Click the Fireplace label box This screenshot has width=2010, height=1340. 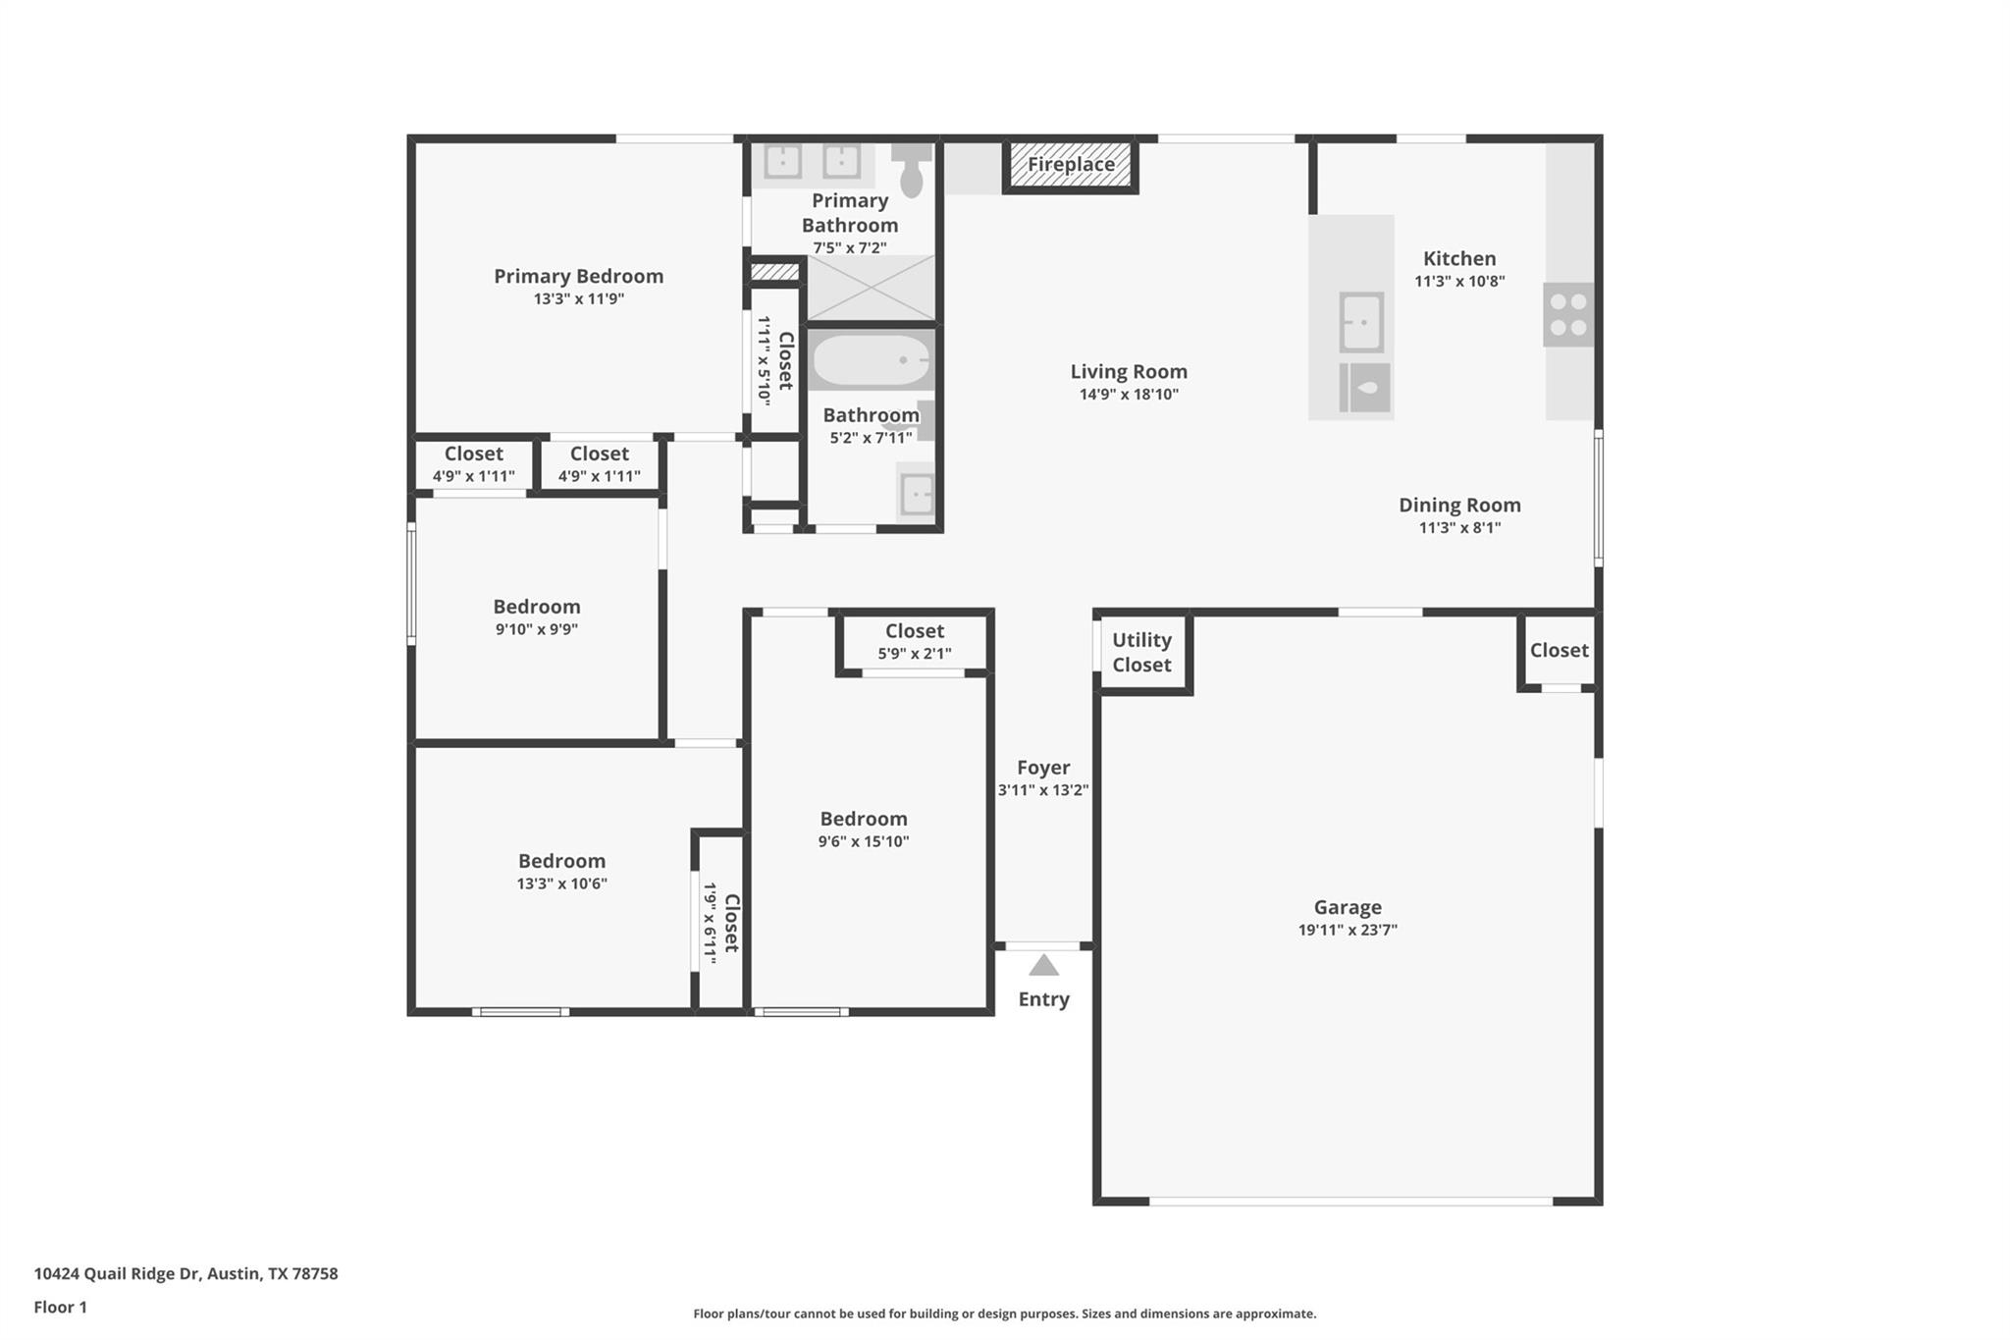[x=1070, y=165]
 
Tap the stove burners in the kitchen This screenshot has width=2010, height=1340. [x=1567, y=315]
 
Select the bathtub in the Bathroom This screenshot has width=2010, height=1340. [x=871, y=361]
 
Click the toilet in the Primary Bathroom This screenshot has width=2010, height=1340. [x=912, y=172]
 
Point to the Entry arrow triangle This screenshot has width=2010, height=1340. [x=1043, y=966]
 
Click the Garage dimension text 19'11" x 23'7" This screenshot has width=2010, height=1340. [x=1348, y=930]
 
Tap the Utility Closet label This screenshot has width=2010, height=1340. [x=1141, y=652]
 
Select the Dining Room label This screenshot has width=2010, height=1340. [x=1459, y=505]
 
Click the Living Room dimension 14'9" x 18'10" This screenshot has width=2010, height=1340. [x=1129, y=395]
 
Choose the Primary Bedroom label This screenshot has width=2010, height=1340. [x=578, y=276]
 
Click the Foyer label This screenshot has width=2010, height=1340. [x=1043, y=768]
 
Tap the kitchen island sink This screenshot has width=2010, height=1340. [x=1362, y=322]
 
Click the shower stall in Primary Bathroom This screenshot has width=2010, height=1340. [x=871, y=288]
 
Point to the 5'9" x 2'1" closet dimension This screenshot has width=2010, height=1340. [x=914, y=654]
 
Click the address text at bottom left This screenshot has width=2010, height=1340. [x=185, y=1274]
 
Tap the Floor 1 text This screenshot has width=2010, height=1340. [x=60, y=1308]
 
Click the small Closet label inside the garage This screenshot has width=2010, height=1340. [x=1559, y=650]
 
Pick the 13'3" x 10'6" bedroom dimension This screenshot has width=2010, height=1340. [x=561, y=884]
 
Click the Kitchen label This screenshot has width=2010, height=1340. [x=1459, y=258]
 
